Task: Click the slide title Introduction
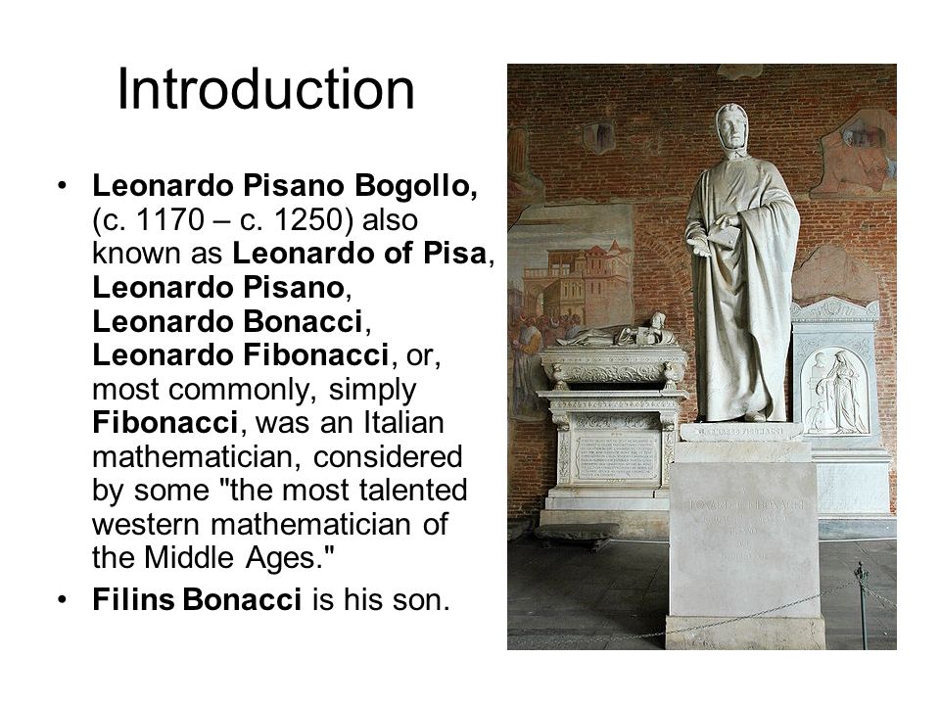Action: [265, 89]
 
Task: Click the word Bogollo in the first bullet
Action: [422, 183]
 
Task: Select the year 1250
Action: [298, 220]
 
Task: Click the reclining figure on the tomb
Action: [617, 334]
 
